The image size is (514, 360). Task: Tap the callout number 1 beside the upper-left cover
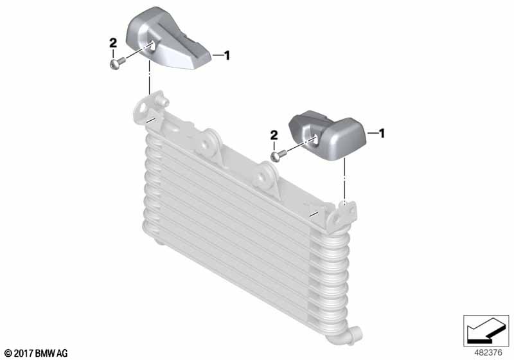pos(226,55)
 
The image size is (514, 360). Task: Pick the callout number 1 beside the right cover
pos(381,133)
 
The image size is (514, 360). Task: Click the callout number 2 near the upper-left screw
pos(113,43)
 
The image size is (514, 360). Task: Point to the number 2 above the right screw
pos(274,135)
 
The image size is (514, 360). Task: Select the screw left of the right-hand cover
pos(278,156)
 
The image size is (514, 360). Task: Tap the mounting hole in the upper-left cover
pos(152,46)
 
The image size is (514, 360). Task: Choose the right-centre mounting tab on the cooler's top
pos(265,177)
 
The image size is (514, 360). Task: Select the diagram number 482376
pos(488,353)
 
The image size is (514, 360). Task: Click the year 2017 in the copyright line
pos(23,354)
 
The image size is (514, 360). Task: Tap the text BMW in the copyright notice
pos(45,354)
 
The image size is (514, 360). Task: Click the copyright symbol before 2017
pos(9,354)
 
